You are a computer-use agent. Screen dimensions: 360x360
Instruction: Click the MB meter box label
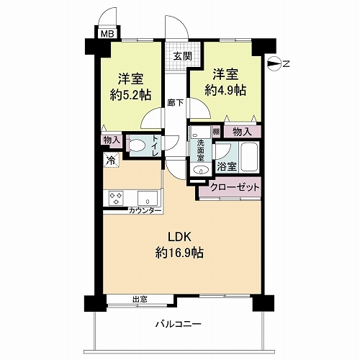pyautogui.click(x=106, y=33)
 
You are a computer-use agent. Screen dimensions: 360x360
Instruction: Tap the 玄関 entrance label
pyautogui.click(x=182, y=56)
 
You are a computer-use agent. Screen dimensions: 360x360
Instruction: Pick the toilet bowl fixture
pyautogui.click(x=136, y=145)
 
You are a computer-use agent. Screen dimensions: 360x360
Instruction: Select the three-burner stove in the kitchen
pyautogui.click(x=117, y=197)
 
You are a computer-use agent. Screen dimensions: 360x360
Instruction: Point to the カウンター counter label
pyautogui.click(x=145, y=210)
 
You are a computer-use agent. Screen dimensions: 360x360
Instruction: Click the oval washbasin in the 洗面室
pyautogui.click(x=201, y=170)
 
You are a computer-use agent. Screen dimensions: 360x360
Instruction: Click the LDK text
pyautogui.click(x=179, y=237)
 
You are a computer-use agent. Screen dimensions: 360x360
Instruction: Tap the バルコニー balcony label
pyautogui.click(x=179, y=324)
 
